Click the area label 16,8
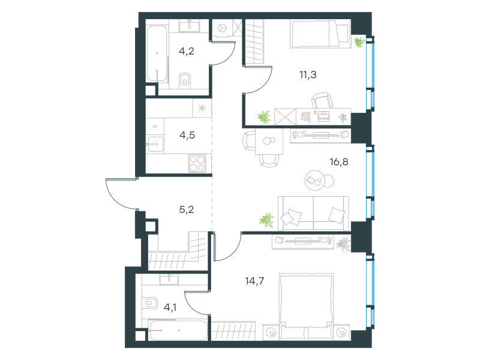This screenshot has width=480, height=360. point(339,161)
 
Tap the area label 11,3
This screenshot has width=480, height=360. point(308,74)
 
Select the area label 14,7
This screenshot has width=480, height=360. point(254,281)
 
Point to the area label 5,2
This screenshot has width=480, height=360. point(187,209)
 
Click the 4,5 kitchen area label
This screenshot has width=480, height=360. point(187,135)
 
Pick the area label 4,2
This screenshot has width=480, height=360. point(187,51)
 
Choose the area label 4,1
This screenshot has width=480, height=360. point(170,307)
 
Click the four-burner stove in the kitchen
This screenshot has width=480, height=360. point(197,163)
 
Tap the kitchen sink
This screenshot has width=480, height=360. point(155,143)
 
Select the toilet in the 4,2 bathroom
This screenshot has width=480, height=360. point(184,80)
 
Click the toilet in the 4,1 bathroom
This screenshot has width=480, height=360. point(151,304)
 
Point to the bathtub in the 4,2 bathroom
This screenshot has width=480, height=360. point(157,54)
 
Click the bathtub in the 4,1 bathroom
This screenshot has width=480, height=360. point(178,331)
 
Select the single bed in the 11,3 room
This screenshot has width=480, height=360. point(320,34)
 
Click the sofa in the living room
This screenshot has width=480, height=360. point(313,214)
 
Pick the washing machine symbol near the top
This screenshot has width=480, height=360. point(222,28)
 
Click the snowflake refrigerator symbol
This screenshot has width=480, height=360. point(202,108)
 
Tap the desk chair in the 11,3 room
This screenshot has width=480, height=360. point(322,100)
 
